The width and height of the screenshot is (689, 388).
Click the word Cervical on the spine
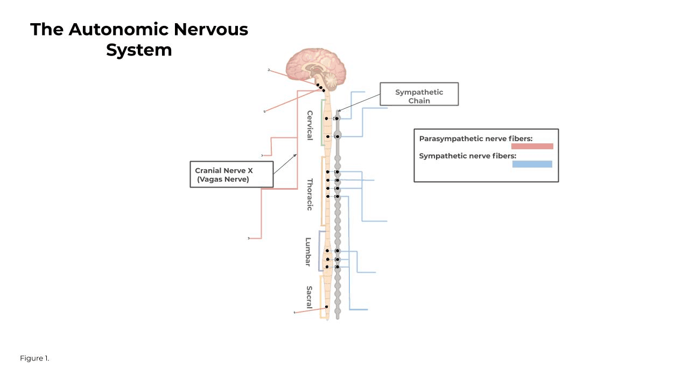point(310,125)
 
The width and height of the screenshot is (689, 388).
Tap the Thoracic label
point(310,194)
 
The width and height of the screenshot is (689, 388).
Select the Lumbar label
point(308,252)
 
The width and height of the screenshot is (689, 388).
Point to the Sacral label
point(309,297)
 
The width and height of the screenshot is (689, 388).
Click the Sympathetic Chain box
point(419,94)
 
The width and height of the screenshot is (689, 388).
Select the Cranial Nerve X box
point(231,174)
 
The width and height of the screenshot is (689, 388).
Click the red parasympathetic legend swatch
point(532,147)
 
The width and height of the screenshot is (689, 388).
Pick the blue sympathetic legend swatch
point(532,164)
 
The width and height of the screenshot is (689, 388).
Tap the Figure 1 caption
point(34,358)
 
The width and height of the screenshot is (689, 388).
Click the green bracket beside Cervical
point(322,122)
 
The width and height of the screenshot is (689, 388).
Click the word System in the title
point(139,50)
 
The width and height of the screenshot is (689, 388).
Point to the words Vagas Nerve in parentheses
point(223,179)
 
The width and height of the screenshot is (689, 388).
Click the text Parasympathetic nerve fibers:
point(475,138)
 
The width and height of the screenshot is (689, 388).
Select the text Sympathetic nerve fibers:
point(467,156)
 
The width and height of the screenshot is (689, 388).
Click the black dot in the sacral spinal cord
point(327,307)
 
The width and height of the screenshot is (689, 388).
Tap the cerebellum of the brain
point(329,80)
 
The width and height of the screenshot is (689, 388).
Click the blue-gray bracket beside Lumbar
point(319,251)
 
